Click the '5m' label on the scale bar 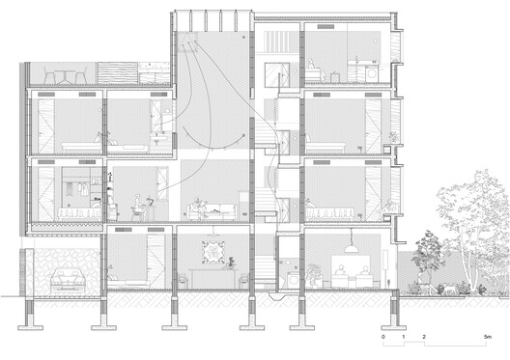click(488, 337)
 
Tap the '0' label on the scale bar click(383, 337)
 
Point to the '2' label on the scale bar click(424, 337)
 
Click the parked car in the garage click(68, 280)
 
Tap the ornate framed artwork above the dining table click(213, 252)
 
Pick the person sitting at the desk click(138, 207)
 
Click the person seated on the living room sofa click(199, 208)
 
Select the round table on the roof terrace click(65, 77)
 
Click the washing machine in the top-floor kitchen click(372, 74)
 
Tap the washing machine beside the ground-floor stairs click(293, 280)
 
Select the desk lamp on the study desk click(151, 201)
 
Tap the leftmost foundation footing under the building click(30, 327)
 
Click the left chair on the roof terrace click(49, 76)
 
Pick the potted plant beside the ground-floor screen click(314, 274)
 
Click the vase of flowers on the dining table click(231, 263)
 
